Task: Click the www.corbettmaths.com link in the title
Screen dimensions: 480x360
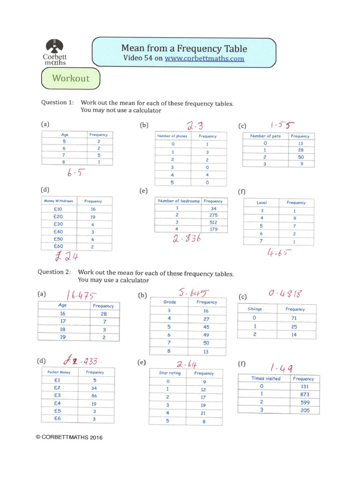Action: point(204,59)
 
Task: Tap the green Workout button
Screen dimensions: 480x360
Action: point(71,78)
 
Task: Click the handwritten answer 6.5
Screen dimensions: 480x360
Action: point(75,174)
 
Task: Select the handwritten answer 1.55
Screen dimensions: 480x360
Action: point(282,125)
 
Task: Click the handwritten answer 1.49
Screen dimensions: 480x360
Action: point(282,367)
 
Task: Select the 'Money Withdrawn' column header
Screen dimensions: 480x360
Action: point(59,201)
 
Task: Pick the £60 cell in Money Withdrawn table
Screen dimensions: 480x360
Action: point(59,246)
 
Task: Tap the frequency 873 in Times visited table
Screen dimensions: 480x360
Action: point(303,395)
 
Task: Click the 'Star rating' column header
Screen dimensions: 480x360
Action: point(170,373)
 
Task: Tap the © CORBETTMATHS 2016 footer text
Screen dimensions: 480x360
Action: point(68,437)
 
